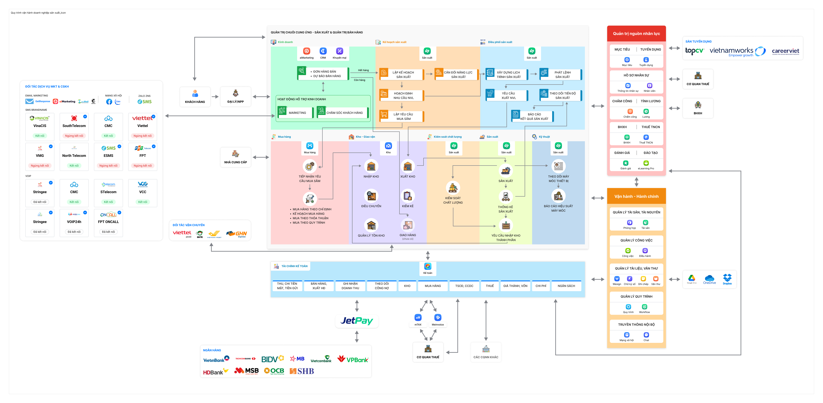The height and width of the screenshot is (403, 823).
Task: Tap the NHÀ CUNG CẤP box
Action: pos(235,157)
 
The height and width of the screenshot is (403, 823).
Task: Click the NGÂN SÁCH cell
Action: pos(566,286)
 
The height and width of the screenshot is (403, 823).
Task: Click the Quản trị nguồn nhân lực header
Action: pos(636,34)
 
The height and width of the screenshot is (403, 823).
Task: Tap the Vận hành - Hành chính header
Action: pos(636,196)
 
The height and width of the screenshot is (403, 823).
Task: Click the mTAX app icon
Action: pos(418,317)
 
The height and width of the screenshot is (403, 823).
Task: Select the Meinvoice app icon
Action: pos(438,317)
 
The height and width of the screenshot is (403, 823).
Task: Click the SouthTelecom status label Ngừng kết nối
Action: pos(74,136)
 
